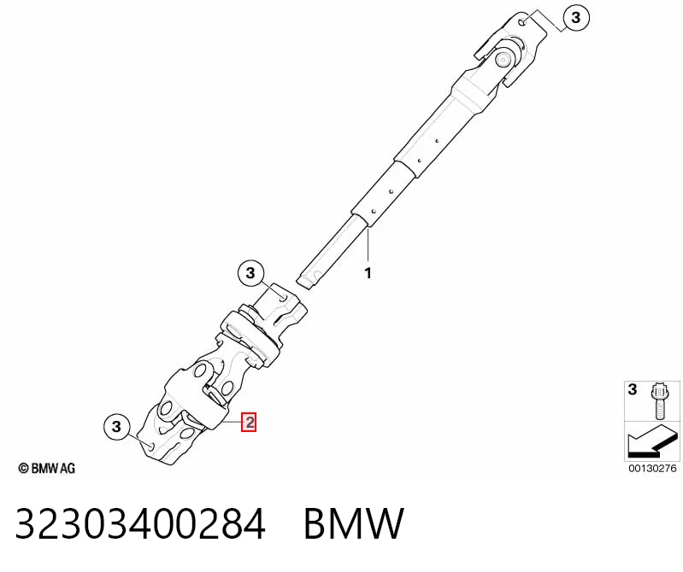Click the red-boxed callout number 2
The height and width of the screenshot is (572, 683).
pos(249,423)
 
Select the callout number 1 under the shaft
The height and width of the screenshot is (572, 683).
pos(368,273)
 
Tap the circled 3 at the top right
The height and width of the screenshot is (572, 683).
pos(576,17)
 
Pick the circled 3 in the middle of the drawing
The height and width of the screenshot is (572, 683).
pos(250,273)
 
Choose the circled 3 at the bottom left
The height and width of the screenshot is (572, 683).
pos(116,426)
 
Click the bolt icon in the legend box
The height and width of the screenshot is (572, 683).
pos(658,400)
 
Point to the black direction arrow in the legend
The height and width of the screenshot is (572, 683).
pos(651,441)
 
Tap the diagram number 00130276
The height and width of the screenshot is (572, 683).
pos(652,469)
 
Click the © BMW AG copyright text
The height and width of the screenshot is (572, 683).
pos(47,468)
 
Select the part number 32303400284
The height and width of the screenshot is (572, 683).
pos(140,523)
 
